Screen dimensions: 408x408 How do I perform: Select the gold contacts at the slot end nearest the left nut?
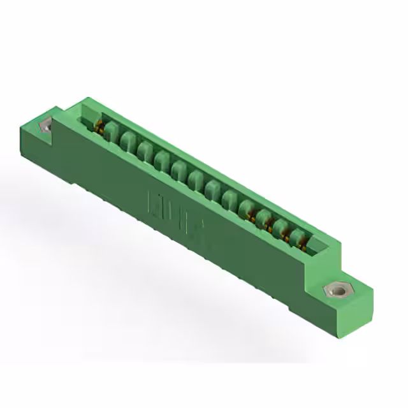point(99,127)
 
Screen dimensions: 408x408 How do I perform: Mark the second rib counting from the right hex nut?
point(280,229)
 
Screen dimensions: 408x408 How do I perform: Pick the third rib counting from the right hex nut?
point(265,220)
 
